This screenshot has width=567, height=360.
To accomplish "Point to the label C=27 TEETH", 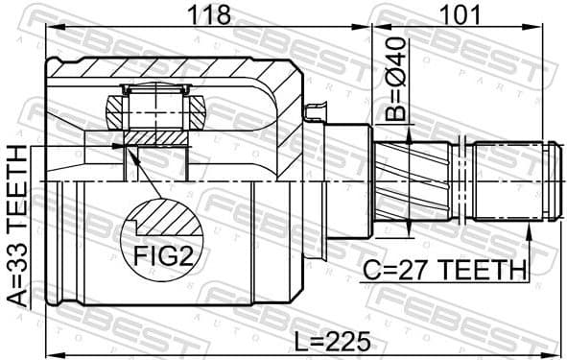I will point(444,270).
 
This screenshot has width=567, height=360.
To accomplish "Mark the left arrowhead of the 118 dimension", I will point(50,30).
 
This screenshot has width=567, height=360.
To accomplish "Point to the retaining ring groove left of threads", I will point(463,182).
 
